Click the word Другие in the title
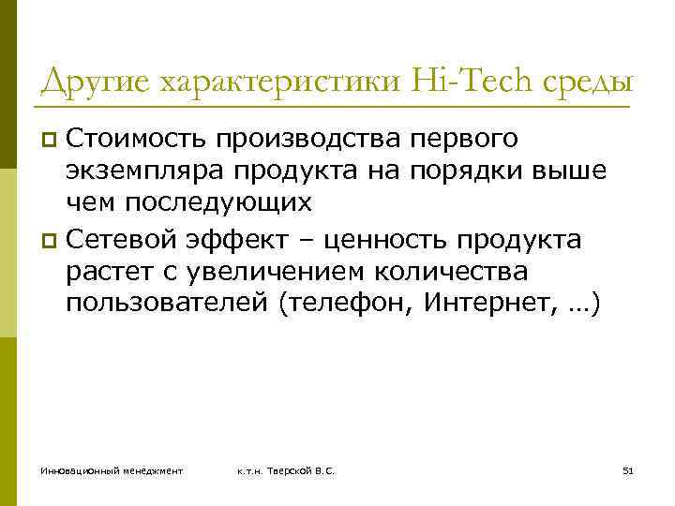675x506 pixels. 97,82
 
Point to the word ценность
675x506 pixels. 382,241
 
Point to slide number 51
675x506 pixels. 628,469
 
